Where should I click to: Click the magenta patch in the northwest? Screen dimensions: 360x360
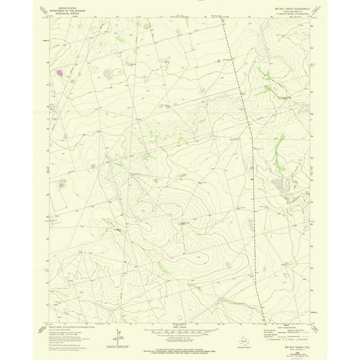coord(59,73)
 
